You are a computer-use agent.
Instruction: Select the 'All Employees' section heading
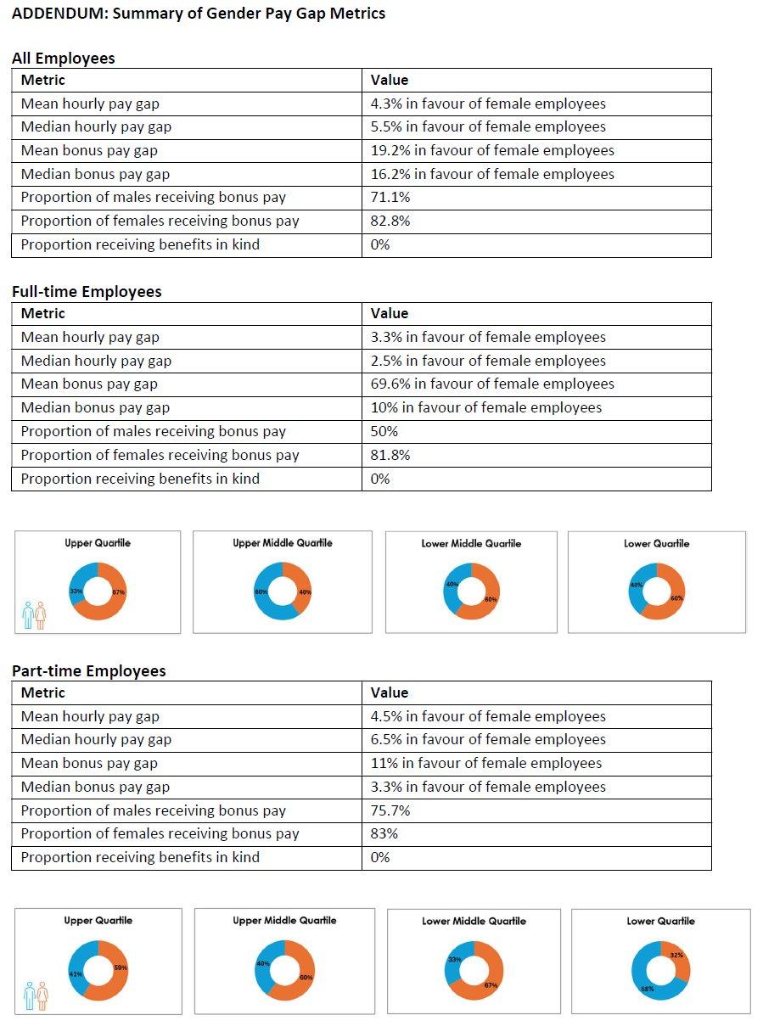63,59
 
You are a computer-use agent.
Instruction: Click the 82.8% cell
389,221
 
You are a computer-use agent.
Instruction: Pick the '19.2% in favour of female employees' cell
492,151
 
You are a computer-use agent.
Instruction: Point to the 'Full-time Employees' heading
87,292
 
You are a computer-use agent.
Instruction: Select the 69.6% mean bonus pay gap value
492,384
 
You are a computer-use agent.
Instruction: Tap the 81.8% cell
390,455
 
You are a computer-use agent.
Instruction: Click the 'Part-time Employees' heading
88,671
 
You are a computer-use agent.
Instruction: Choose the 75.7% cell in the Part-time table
390,810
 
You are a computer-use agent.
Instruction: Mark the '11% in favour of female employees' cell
486,763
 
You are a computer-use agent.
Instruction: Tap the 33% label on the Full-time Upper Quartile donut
75,591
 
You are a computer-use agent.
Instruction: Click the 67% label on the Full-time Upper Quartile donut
119,591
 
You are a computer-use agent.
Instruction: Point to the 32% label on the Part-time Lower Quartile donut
676,955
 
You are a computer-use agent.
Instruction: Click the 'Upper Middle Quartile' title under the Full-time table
283,543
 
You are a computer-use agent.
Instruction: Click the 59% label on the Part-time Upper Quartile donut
120,967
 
